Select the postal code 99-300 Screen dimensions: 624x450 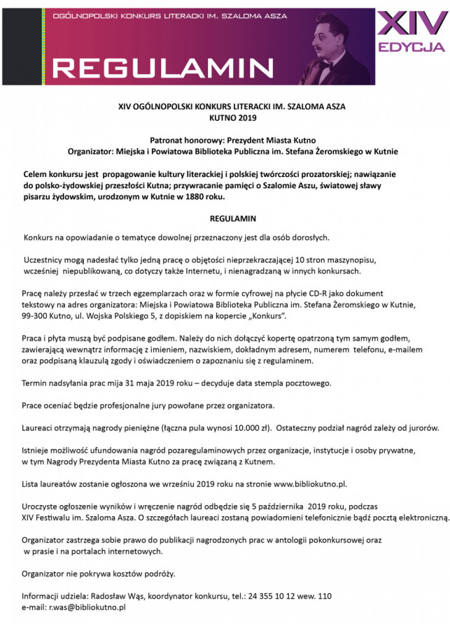point(36,316)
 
